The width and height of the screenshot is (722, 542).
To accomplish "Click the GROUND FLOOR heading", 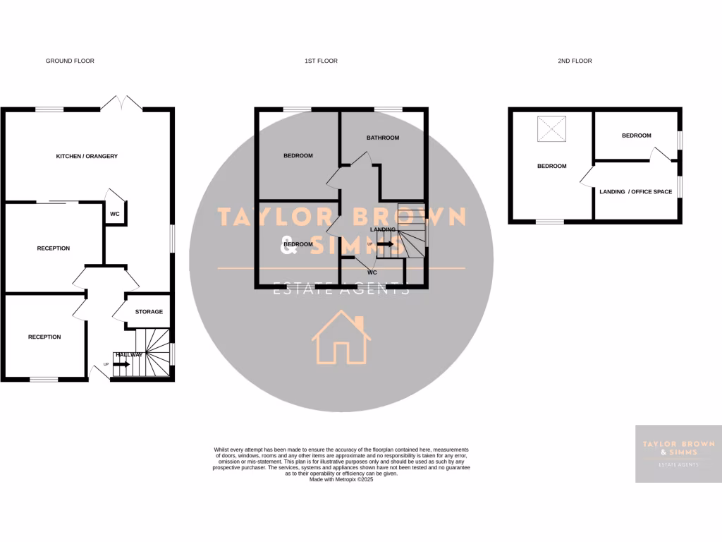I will tap(70, 61).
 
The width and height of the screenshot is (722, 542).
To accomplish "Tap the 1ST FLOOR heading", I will tap(321, 61).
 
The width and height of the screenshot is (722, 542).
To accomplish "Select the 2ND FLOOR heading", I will tap(575, 61).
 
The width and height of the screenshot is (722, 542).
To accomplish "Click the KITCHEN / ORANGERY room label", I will tap(87, 156).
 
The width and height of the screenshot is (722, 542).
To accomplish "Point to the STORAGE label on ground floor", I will tap(149, 312).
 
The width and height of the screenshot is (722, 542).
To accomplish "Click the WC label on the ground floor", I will tap(114, 214).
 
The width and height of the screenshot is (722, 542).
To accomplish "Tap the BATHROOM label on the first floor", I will tap(383, 138).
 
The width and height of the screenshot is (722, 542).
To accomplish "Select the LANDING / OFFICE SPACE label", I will tap(635, 192).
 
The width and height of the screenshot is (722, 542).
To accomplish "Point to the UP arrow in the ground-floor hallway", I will tap(121, 364).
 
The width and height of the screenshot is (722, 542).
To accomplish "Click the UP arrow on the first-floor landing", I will tap(384, 243).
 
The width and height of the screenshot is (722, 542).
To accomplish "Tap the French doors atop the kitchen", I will tap(121, 103).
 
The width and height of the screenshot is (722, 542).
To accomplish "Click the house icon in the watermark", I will tap(341, 339).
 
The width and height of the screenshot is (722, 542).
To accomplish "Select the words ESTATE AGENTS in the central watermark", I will tap(341, 289).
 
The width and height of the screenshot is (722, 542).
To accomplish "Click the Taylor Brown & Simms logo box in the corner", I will tap(678, 454).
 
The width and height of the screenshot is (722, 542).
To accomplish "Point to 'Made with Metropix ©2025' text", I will tap(341, 479).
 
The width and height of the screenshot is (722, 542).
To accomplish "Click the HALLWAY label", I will tap(130, 355).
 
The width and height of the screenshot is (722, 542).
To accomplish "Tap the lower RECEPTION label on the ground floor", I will tap(44, 337).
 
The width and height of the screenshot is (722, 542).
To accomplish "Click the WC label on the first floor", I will tap(372, 272).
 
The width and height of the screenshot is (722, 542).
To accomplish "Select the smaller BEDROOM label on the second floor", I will tap(636, 135).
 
